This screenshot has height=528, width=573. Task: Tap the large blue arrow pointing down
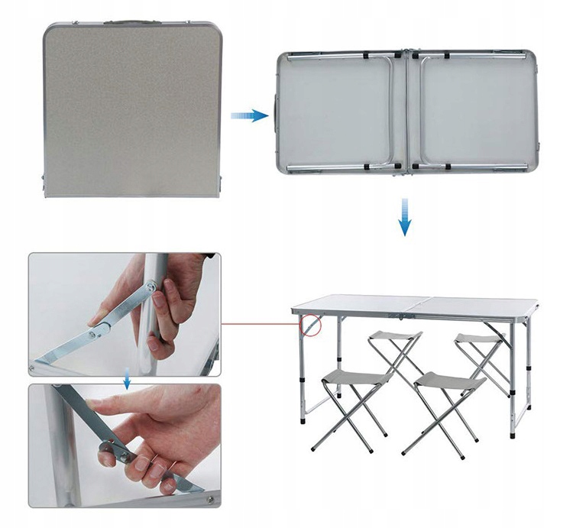(405, 217)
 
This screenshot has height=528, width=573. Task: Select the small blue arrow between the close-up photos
(126, 379)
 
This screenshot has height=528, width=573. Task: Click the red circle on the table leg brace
(312, 326)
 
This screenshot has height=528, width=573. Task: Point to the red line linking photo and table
(260, 323)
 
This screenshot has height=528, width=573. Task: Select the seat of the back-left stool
(395, 335)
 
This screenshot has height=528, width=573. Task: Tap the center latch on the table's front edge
(405, 314)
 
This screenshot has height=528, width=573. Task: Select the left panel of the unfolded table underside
(336, 109)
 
